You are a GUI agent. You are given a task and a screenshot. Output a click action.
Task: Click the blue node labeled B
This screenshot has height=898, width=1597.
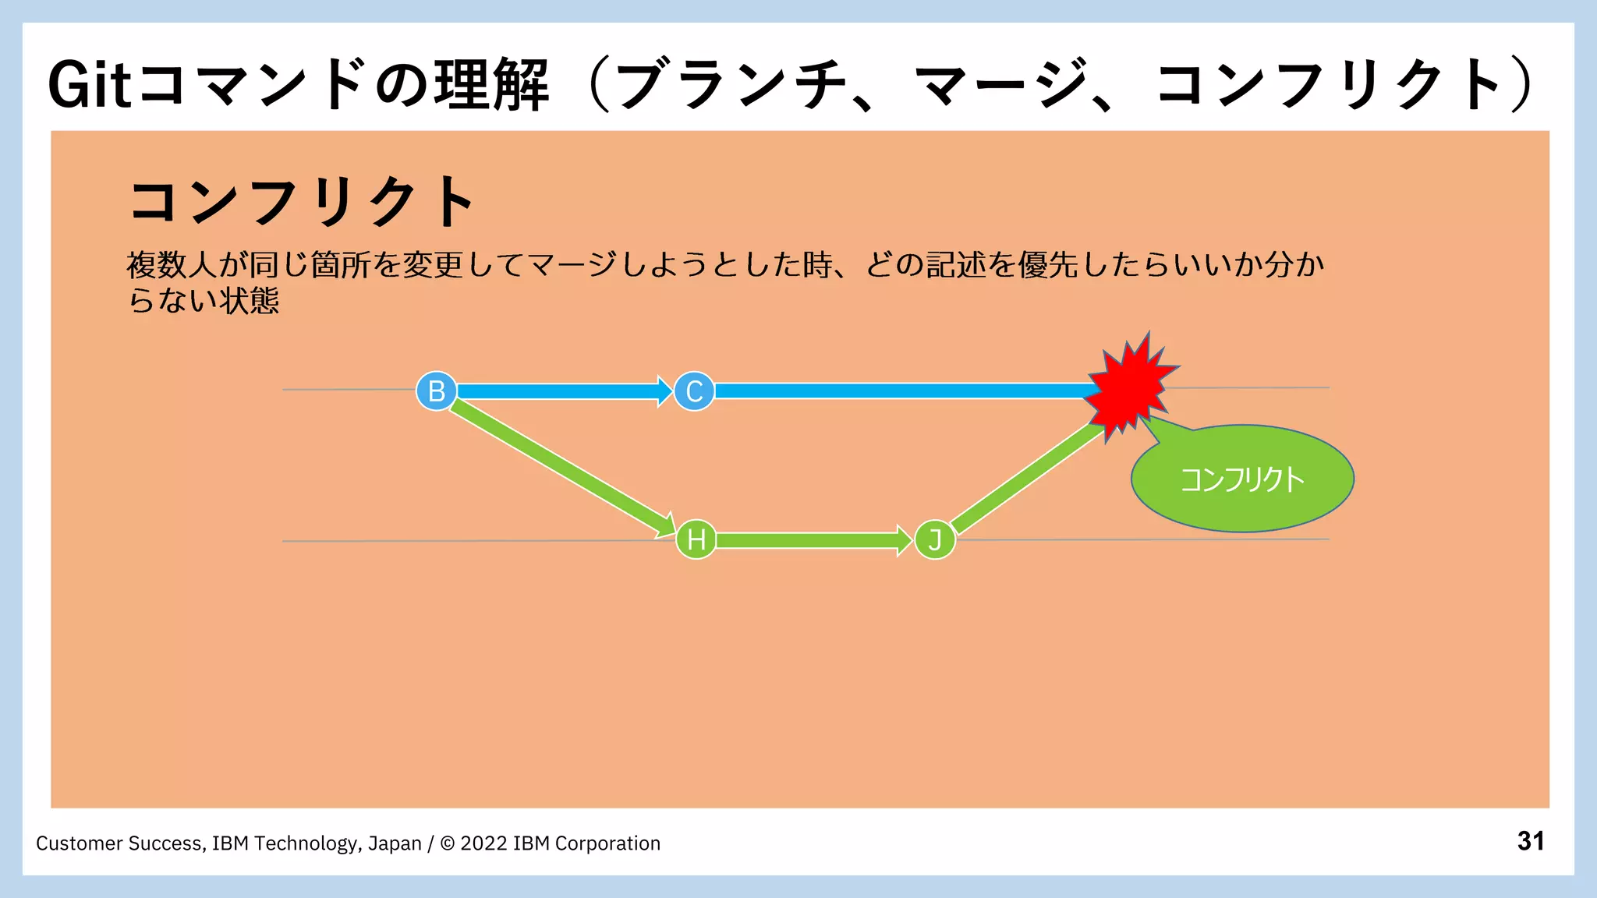pos(436,391)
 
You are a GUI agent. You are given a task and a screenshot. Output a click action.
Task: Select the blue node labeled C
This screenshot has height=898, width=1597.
pos(694,391)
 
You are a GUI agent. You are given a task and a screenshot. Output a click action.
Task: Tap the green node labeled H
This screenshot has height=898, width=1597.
pos(696,539)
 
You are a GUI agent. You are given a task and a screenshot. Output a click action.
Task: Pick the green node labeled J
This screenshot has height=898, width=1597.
pos(934,539)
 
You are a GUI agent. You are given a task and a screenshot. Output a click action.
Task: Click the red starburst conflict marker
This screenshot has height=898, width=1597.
pos(1129,386)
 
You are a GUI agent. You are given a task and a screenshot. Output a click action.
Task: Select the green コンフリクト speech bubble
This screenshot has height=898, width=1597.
pos(1242,479)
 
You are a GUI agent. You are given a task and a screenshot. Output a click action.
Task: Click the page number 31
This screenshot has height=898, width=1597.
pos(1530,841)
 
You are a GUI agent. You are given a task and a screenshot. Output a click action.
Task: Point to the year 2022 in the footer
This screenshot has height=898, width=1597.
pos(483,843)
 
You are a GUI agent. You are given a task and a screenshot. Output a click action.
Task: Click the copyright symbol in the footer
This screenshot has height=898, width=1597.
pos(448,843)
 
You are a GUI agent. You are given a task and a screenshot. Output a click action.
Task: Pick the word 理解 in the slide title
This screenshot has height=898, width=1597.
pos(491,85)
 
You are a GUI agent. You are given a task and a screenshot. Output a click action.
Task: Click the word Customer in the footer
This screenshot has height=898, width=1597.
pos(79,843)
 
